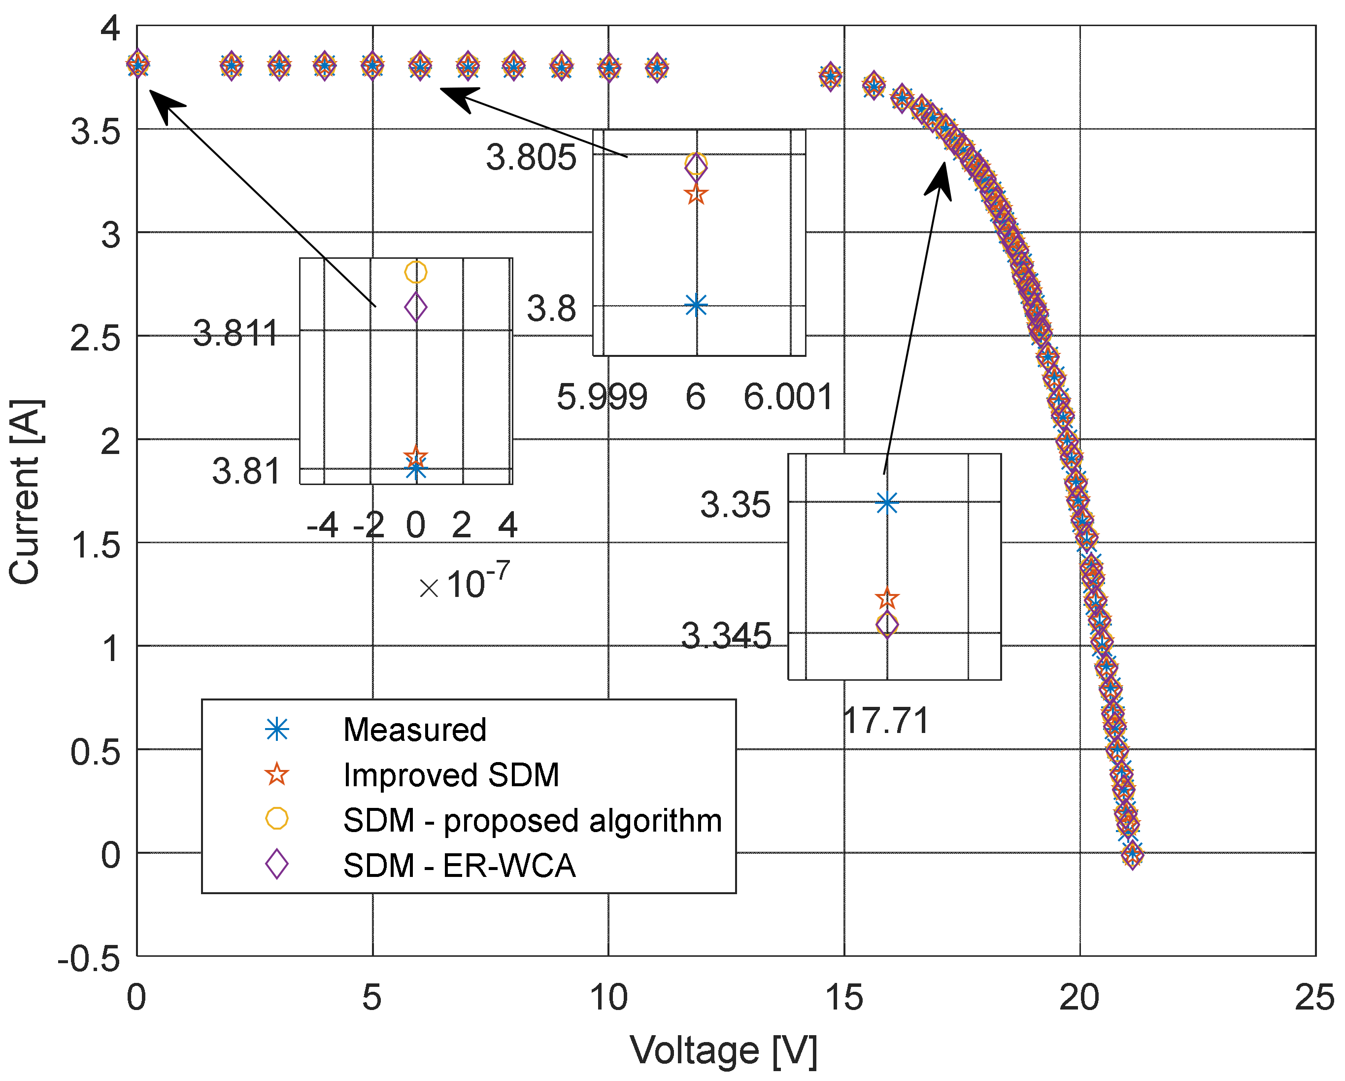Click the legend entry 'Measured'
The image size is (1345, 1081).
pos(414,730)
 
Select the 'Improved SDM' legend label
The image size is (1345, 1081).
pos(451,775)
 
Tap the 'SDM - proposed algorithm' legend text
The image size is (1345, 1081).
pos(532,820)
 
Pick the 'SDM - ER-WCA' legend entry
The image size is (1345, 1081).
pos(459,866)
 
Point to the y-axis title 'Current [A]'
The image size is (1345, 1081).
pos(25,492)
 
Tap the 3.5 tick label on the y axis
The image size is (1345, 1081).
pos(95,132)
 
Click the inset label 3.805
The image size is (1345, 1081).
pos(531,157)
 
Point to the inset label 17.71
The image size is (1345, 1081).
pos(886,720)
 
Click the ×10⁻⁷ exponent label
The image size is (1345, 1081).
pos(465,582)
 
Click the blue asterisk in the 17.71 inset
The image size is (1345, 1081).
pos(886,502)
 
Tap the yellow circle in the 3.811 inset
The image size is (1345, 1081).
pos(415,272)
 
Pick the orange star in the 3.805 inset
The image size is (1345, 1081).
pos(696,194)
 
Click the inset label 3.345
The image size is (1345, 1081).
pos(726,636)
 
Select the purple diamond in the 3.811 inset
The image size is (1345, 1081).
pos(415,307)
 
